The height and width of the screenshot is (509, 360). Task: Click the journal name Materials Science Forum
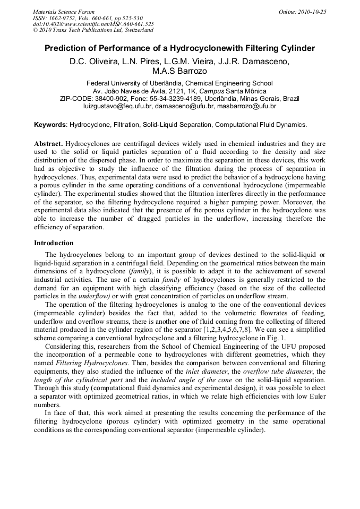tap(64, 12)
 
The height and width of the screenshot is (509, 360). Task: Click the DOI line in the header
tap(93, 24)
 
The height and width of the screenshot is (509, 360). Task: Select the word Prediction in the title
tap(66, 48)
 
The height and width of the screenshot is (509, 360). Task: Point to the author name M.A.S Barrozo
tap(179, 71)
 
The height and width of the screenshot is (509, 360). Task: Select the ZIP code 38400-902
tap(123, 99)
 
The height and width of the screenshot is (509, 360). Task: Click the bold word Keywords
tap(50, 125)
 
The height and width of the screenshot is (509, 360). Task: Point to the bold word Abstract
tap(48, 144)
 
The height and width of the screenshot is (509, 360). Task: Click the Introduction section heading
tap(54, 243)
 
